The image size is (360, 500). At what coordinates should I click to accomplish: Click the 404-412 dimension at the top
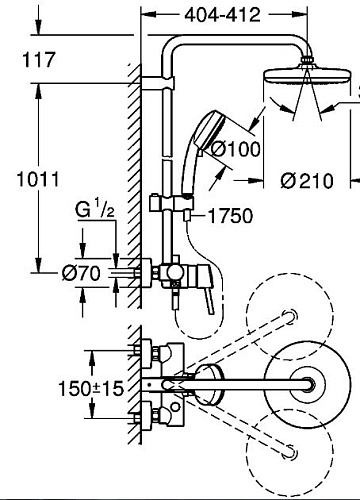click(x=222, y=15)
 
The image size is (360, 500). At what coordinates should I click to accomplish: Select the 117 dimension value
click(x=38, y=60)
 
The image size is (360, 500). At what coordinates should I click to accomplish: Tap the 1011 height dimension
click(x=38, y=179)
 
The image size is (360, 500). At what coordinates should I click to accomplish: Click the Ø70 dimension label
click(x=81, y=273)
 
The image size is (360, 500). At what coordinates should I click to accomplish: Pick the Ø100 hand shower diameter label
click(x=236, y=149)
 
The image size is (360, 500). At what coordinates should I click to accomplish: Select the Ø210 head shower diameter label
click(x=307, y=181)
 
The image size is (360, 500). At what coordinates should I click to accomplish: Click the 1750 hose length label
click(x=230, y=216)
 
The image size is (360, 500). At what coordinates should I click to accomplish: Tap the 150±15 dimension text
click(x=91, y=389)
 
